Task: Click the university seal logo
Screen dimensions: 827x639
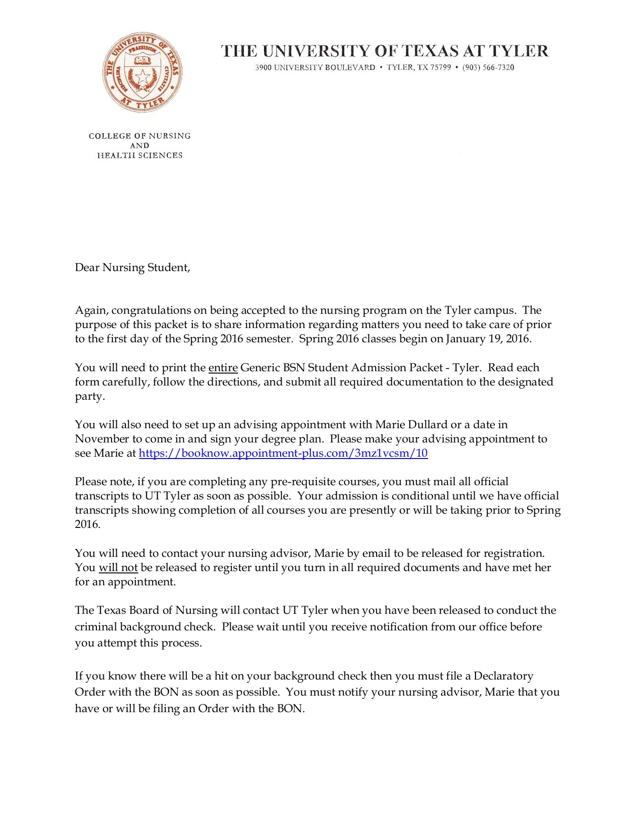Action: tap(142, 73)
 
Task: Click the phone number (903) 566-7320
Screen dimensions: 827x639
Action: tap(488, 68)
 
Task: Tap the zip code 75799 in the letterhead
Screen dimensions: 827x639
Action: tap(440, 68)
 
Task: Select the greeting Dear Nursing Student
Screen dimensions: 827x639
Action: tap(132, 267)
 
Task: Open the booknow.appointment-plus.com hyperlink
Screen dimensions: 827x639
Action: tap(283, 453)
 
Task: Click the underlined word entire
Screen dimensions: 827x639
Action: tap(223, 368)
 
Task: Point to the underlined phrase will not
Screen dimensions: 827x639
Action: tap(118, 567)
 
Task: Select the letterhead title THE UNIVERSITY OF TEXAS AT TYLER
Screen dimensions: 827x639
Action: tap(385, 51)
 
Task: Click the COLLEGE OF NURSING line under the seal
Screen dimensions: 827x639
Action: tap(140, 136)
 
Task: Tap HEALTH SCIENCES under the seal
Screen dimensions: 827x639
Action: tap(140, 155)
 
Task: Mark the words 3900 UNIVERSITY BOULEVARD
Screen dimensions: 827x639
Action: tap(315, 68)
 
